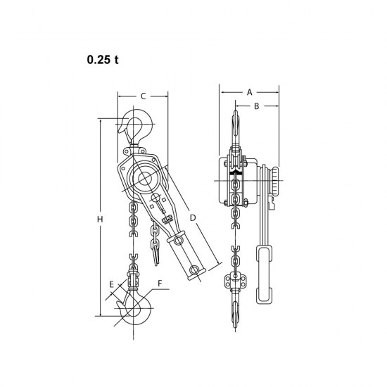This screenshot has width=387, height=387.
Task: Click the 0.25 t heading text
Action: [x=103, y=60]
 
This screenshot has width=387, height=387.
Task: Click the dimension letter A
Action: [x=250, y=92]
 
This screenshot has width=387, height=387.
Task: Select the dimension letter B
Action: [x=256, y=106]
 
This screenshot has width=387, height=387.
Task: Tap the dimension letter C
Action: [x=143, y=96]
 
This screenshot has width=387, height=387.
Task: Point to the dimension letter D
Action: [x=193, y=217]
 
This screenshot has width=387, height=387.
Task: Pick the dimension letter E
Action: [x=112, y=284]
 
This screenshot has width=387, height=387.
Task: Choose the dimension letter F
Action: [x=160, y=284]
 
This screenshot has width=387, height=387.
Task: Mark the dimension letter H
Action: [x=100, y=219]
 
